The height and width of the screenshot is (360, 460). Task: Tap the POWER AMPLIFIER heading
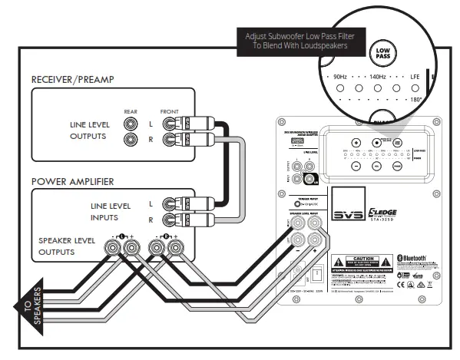pyautogui.click(x=74, y=182)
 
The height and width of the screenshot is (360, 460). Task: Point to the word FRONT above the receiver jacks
pyautogui.click(x=169, y=111)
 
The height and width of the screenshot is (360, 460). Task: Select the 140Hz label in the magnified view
pyautogui.click(x=378, y=78)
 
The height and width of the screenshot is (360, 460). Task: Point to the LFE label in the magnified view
pyautogui.click(x=415, y=78)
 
